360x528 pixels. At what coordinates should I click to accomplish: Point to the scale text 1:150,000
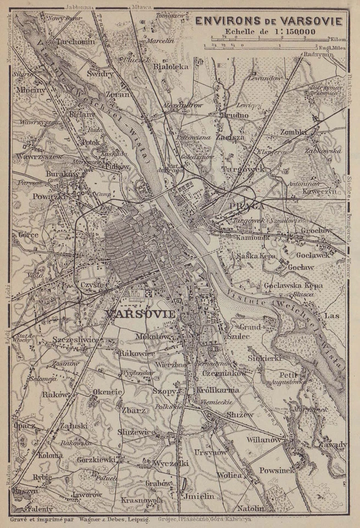[x=290, y=32]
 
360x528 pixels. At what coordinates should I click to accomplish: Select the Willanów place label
[x=264, y=440]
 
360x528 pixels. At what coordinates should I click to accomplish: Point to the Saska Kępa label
[x=255, y=256]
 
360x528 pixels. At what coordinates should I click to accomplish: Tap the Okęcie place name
[x=107, y=392]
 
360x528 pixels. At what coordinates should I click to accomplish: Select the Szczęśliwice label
[x=76, y=340]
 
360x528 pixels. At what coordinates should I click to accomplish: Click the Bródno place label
[x=234, y=116]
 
